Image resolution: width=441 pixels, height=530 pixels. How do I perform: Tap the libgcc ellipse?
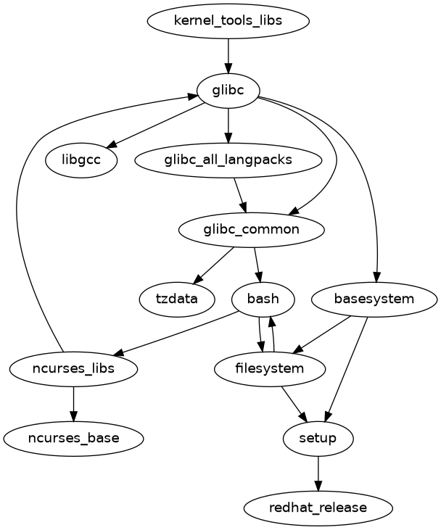point(82,160)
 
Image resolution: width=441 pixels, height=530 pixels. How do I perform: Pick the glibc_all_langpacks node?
point(228,160)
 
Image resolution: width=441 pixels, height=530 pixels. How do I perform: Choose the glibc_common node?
point(251,229)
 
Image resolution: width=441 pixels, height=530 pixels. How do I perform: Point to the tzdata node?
point(177,299)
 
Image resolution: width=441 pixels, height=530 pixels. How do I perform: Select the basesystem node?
point(374,299)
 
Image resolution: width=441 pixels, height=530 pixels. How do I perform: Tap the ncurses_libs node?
point(74,368)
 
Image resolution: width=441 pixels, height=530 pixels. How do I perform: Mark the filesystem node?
point(270,368)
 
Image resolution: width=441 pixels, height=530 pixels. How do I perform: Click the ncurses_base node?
point(74,438)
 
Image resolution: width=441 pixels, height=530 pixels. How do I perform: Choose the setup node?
point(318,438)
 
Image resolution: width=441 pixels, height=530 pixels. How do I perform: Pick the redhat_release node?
point(318,508)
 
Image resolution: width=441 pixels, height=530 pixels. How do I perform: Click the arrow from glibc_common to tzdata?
point(214,264)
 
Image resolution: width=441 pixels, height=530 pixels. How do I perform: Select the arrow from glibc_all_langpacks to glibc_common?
point(239,194)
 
